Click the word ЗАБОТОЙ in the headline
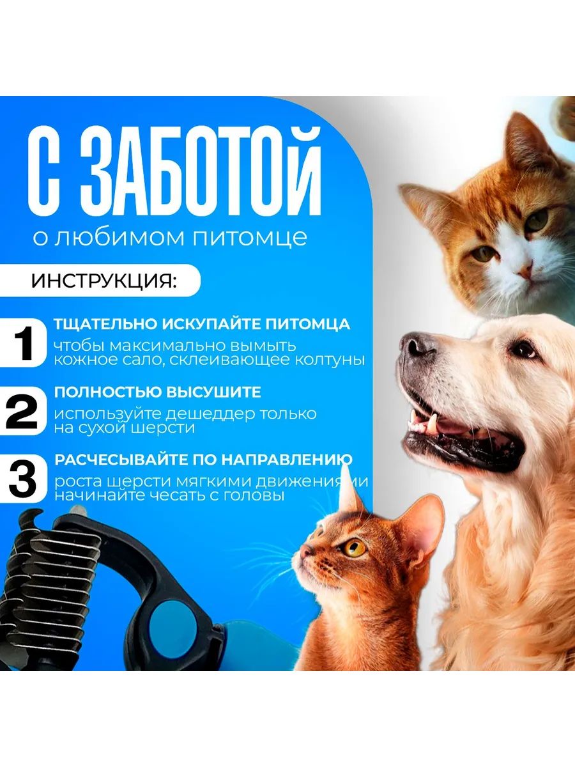pos(202,171)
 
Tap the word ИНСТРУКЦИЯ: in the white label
pos(103,281)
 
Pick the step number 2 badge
pos(22,411)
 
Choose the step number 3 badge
pos(22,479)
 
